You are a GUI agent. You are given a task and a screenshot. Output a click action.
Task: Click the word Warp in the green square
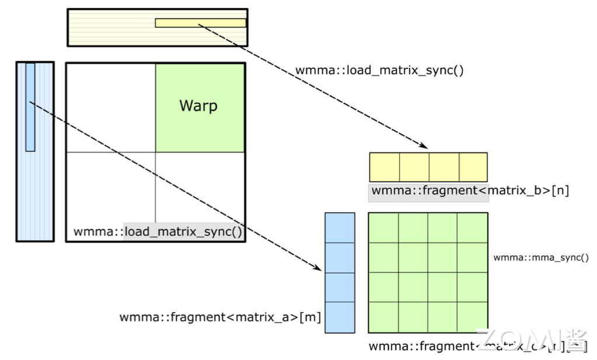point(199,106)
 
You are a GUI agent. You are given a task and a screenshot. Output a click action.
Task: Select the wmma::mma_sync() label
point(540,257)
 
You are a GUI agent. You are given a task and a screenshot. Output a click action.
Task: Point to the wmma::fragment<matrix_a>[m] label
point(221,318)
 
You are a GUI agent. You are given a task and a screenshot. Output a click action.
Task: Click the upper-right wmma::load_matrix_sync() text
point(379,71)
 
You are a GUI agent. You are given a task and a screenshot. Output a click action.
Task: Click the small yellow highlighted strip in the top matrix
point(200,23)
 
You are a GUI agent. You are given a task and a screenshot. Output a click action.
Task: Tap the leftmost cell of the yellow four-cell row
point(384,167)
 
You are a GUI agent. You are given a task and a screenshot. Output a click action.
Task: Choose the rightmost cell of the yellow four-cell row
point(473,167)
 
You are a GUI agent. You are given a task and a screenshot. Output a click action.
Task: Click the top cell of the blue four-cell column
point(340,228)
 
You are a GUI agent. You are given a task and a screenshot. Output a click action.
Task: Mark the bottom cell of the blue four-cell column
point(340,317)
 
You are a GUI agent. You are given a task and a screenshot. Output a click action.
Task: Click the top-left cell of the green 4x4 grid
point(383,228)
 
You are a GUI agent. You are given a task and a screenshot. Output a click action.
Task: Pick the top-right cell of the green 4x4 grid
point(472,228)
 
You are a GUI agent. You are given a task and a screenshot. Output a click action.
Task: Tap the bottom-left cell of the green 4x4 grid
point(383,317)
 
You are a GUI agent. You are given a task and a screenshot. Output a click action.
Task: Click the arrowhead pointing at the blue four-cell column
point(319,268)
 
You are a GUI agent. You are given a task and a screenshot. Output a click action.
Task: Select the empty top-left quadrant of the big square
point(111,108)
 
